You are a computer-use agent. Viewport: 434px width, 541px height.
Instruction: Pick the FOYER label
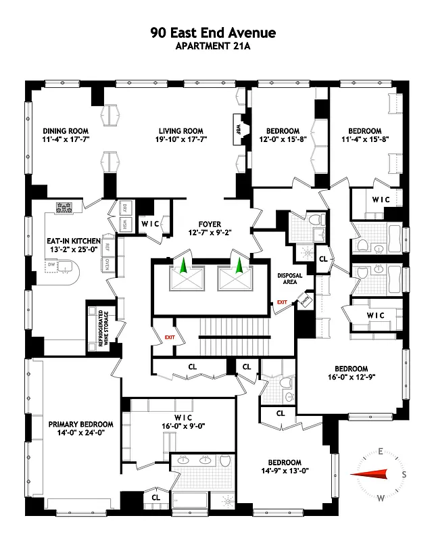tap(210, 224)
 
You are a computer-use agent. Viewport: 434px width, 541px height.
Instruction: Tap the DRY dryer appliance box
tap(124, 208)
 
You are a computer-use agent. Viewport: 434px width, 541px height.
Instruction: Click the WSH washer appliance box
tap(124, 225)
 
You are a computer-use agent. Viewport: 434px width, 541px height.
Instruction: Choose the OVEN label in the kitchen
tap(106, 264)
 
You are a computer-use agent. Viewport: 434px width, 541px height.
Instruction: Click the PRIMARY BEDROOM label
tap(80, 424)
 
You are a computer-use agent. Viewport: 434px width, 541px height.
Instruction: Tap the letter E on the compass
tap(381, 451)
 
